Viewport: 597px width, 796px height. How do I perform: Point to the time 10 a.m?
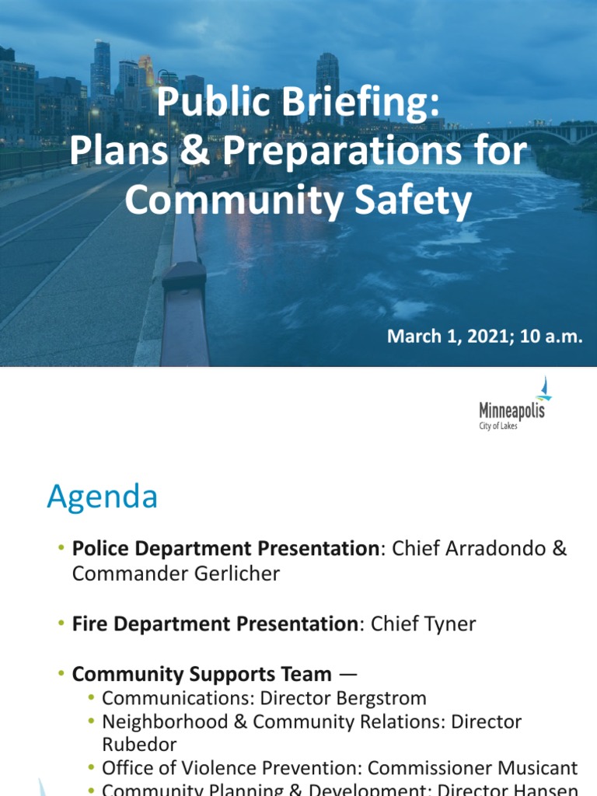553,337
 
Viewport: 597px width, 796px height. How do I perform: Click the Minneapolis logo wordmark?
511,410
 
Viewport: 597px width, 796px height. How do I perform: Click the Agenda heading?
102,496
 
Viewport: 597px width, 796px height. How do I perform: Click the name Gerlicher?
231,574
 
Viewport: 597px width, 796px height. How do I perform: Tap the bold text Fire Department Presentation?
215,623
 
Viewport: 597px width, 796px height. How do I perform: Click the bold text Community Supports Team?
201,674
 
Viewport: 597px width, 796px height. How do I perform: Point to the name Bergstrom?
377,698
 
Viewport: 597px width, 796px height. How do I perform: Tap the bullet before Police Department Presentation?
61,549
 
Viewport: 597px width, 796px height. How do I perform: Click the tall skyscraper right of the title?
327,78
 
